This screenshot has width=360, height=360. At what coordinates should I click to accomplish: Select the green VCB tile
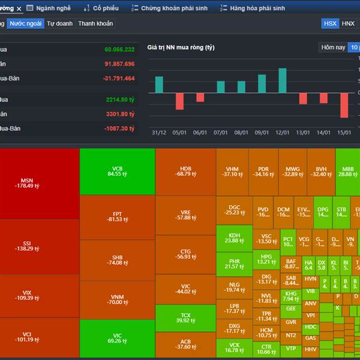(x=117, y=171)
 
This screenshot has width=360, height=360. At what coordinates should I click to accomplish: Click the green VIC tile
(x=117, y=339)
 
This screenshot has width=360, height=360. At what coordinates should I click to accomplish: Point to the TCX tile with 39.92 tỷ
(x=185, y=317)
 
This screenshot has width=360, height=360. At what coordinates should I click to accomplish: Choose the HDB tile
(x=185, y=171)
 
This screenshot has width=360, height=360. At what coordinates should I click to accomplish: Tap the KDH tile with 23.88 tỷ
(x=234, y=237)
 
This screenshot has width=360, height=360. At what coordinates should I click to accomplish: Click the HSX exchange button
(x=330, y=23)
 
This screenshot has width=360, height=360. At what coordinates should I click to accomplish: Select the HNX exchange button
(x=349, y=23)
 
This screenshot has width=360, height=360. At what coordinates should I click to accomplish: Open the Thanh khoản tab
(x=95, y=23)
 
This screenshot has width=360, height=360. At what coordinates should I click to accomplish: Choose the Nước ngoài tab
(x=25, y=23)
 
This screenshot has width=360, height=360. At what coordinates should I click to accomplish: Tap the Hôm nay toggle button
(x=333, y=47)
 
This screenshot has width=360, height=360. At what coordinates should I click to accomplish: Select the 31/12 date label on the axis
(x=159, y=133)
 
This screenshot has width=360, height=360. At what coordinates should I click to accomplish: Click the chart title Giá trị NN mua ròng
(x=181, y=47)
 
